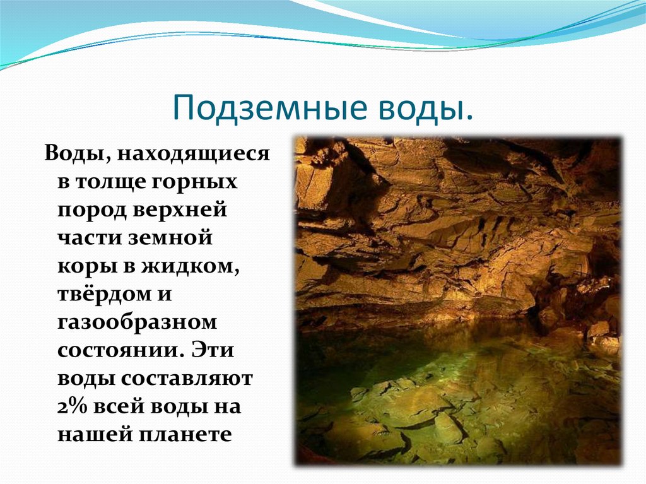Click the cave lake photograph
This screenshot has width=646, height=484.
tap(457, 301)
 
